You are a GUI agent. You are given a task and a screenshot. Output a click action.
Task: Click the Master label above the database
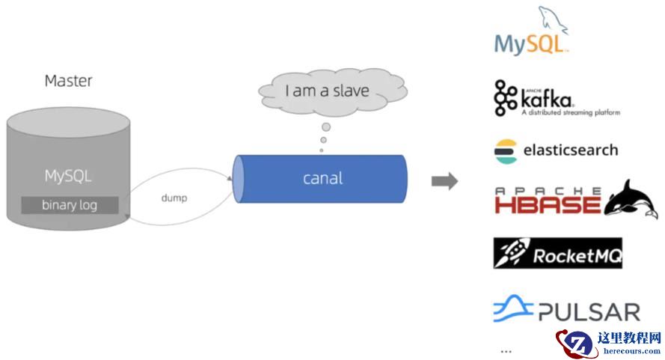(x=68, y=81)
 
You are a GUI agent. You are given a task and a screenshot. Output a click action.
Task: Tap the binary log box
(x=69, y=204)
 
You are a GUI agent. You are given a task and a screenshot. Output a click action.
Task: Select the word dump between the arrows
(x=174, y=198)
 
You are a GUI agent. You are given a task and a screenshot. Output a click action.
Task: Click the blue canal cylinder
(x=322, y=178)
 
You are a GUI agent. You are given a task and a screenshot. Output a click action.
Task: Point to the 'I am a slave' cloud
(x=328, y=91)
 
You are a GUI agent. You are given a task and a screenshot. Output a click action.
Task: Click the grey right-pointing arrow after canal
(x=444, y=181)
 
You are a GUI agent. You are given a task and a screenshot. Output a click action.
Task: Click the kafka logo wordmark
(x=547, y=98)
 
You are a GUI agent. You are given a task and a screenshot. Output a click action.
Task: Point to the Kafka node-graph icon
(x=506, y=98)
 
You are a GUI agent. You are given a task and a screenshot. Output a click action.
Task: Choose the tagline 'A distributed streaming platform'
(x=570, y=113)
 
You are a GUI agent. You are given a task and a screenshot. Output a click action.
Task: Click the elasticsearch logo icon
(x=505, y=150)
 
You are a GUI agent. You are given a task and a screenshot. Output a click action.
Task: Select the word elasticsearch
(x=570, y=150)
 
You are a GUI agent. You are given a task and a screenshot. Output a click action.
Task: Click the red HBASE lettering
(x=548, y=203)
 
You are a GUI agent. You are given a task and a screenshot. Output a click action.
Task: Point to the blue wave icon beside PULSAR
(x=512, y=308)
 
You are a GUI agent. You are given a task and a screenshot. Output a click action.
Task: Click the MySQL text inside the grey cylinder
(x=68, y=177)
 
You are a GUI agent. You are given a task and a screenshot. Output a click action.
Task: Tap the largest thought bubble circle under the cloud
(x=326, y=127)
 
